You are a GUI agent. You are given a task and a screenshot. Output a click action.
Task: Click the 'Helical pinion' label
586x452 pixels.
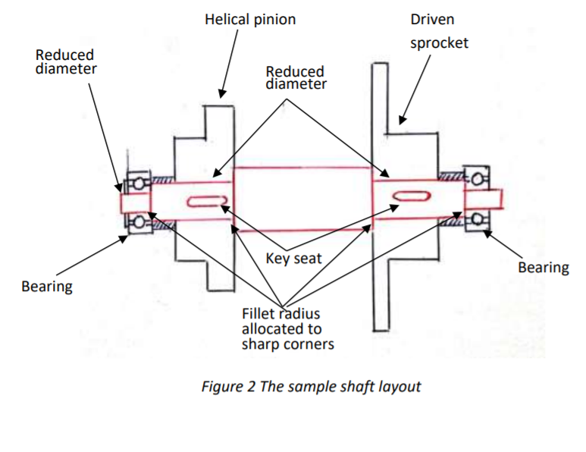[x=250, y=20]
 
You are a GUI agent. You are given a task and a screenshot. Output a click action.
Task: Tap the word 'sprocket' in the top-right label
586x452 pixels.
[x=439, y=42]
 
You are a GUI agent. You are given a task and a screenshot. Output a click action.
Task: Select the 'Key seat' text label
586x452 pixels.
[x=293, y=259]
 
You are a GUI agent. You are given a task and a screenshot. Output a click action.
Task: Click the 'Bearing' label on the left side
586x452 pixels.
[x=47, y=286]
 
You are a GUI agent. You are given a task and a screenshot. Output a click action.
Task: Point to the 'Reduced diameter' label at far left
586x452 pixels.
[x=65, y=61]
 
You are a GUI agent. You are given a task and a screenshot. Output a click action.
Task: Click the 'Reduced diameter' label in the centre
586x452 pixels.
[x=296, y=77]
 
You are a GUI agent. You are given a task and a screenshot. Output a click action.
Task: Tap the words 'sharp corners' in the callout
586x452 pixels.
[x=287, y=344]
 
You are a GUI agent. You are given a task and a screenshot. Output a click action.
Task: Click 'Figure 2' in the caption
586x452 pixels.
[x=228, y=386]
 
